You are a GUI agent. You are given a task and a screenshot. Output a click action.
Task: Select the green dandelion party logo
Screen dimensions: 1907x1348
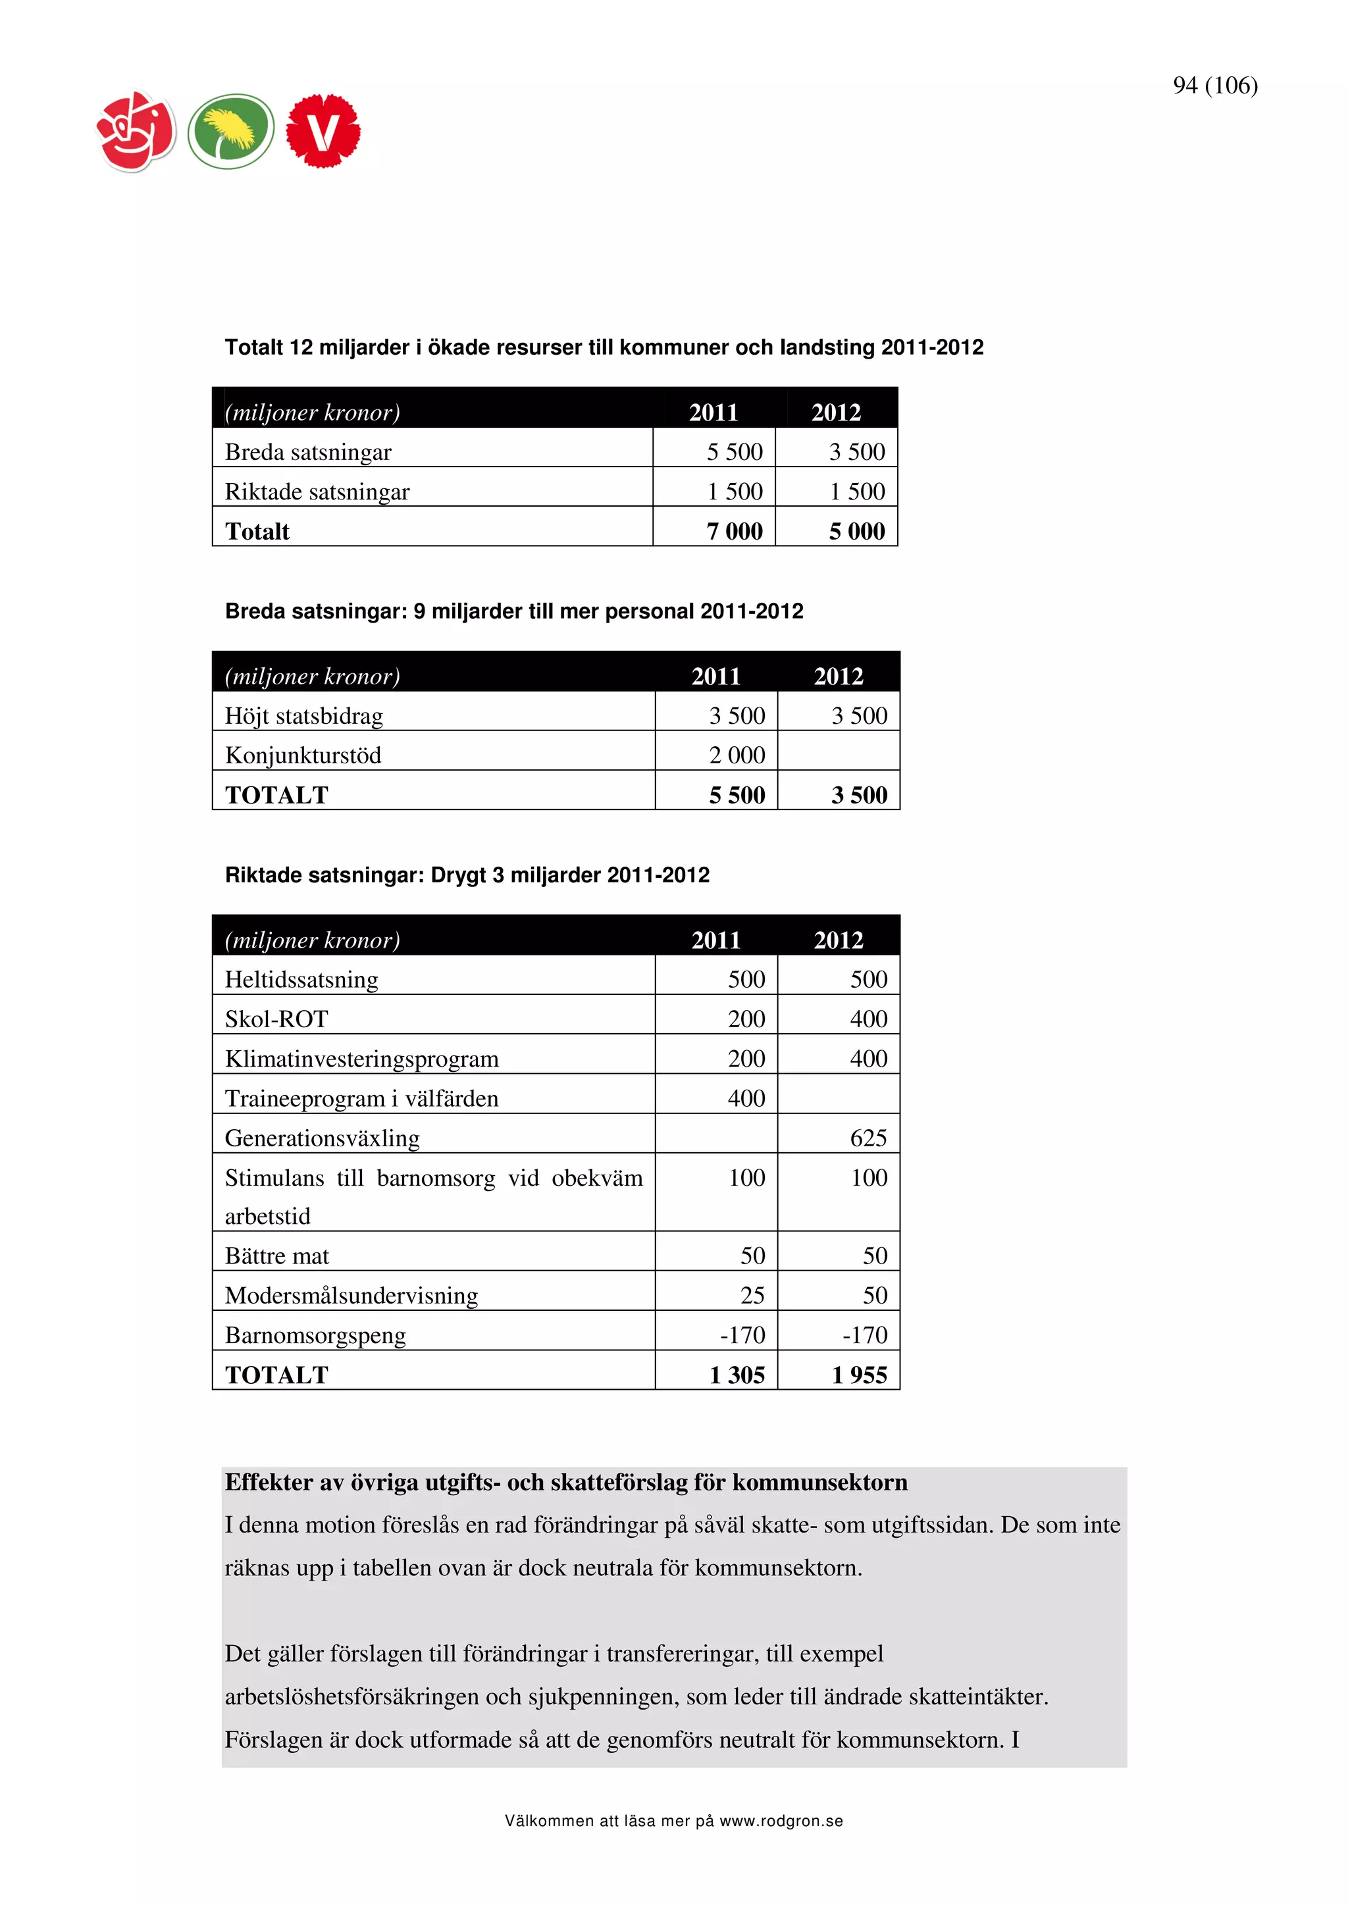click(x=231, y=131)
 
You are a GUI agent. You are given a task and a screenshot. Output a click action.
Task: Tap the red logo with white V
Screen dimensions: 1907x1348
click(x=323, y=131)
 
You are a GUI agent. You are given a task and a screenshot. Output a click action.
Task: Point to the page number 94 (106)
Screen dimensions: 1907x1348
click(x=1214, y=86)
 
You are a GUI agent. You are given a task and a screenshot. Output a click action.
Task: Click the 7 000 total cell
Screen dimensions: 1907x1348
click(x=734, y=532)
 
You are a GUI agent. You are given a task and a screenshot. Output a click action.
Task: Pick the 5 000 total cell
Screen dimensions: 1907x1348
click(x=856, y=532)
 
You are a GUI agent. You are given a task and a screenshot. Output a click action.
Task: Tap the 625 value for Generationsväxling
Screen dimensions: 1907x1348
click(x=868, y=1138)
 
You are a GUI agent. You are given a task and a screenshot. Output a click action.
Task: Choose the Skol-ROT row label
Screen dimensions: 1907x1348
click(x=276, y=1019)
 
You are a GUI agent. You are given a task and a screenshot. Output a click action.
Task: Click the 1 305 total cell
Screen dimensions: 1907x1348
click(x=737, y=1375)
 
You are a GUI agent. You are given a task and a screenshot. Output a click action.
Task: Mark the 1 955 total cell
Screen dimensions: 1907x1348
click(x=859, y=1375)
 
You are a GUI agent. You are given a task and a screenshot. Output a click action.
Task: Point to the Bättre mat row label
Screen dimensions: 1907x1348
click(x=276, y=1256)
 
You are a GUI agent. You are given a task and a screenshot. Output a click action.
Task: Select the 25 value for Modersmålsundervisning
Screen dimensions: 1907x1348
click(x=752, y=1296)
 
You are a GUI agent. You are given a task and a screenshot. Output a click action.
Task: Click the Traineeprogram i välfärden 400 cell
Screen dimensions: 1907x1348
click(x=746, y=1099)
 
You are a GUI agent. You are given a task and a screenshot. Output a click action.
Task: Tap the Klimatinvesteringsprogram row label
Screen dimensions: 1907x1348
click(x=361, y=1059)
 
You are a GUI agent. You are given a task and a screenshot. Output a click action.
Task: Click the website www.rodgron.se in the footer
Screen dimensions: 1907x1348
click(x=781, y=1821)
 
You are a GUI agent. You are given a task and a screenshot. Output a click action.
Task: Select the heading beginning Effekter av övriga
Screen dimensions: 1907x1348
click(x=565, y=1483)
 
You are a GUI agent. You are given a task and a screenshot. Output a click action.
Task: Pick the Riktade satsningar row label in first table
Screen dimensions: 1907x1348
click(x=317, y=492)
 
